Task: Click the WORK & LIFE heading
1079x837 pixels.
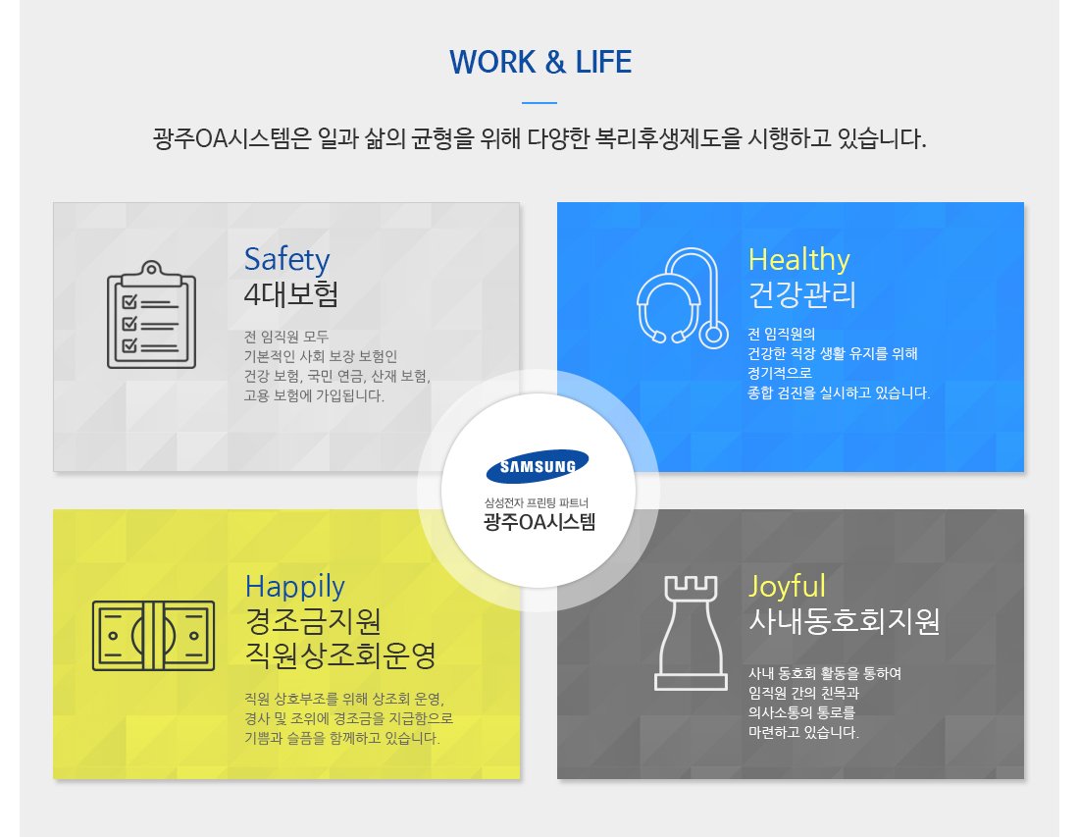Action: click(540, 62)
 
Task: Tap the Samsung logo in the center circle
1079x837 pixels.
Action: click(538, 467)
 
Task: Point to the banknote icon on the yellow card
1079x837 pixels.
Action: click(153, 636)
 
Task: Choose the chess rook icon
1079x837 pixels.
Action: click(691, 633)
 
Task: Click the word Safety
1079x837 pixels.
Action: click(287, 260)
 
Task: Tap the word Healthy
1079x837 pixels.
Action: click(798, 260)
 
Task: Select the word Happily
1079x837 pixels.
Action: click(294, 587)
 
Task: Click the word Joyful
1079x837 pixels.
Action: click(787, 587)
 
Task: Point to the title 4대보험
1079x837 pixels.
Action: click(291, 294)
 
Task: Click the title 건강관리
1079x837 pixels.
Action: click(802, 294)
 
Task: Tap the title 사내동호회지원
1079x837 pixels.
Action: click(844, 621)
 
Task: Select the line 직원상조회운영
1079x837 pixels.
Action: click(340, 655)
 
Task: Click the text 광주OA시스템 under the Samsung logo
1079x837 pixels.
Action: click(539, 522)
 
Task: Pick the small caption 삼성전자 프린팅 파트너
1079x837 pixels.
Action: click(537, 503)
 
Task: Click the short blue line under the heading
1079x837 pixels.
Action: click(539, 103)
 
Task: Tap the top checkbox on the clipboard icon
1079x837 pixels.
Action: click(129, 302)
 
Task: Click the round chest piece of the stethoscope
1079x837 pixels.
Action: click(713, 335)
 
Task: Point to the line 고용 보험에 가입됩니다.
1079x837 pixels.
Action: click(314, 395)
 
